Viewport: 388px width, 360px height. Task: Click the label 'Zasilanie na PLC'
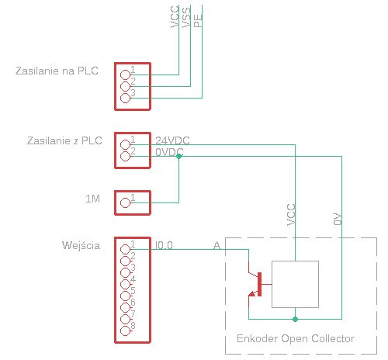click(57, 71)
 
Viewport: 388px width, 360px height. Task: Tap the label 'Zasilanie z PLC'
click(64, 140)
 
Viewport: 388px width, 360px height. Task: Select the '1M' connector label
click(92, 199)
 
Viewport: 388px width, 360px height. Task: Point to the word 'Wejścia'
click(81, 245)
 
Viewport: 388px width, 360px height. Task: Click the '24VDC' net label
click(172, 140)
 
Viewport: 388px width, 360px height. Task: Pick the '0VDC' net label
click(169, 152)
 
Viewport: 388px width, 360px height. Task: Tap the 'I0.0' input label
click(164, 245)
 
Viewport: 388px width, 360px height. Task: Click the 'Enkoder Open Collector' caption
click(296, 338)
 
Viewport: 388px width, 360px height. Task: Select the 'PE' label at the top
click(198, 21)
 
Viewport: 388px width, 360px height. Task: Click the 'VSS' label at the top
click(186, 17)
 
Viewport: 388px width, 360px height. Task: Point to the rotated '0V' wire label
click(338, 219)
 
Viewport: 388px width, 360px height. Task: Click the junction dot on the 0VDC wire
click(178, 157)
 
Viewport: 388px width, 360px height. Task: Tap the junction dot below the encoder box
click(295, 319)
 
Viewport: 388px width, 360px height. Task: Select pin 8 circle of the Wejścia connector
click(126, 331)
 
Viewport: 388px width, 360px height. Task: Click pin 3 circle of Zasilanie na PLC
click(126, 98)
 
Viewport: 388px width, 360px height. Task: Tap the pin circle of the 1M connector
click(126, 202)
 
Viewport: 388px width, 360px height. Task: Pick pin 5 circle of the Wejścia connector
click(126, 296)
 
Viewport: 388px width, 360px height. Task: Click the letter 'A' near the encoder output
click(217, 245)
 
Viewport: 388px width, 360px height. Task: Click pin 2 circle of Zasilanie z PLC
click(126, 156)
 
